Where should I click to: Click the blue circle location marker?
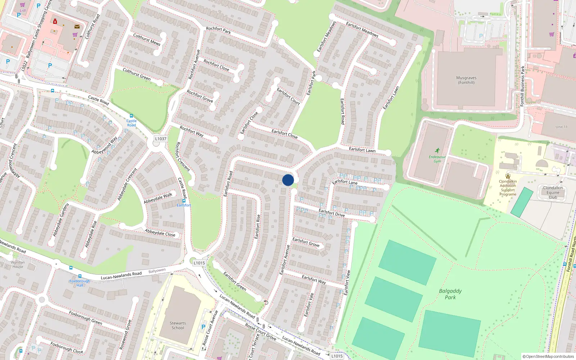coord(288,180)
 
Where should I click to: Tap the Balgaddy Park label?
coord(450,294)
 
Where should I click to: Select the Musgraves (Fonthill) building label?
coord(466,80)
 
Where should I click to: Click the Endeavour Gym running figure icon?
coord(437,150)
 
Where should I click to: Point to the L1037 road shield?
coord(161,139)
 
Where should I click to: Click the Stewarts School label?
coord(178,325)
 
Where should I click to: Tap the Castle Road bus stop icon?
coord(131,116)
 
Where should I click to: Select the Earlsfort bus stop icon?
coord(184,201)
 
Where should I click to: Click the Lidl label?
coord(23,10)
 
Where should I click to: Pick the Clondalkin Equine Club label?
coord(553,193)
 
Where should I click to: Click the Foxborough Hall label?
coord(80,283)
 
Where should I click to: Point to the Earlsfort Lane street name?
coord(345,182)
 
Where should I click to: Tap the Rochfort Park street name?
coord(219,30)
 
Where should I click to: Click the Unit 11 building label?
coord(561,127)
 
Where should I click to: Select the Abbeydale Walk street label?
coord(158,198)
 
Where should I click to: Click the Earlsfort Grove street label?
coord(306,242)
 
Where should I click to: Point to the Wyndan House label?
coord(18,264)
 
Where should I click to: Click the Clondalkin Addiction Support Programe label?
coord(508,188)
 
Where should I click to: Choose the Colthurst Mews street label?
coord(147,39)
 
